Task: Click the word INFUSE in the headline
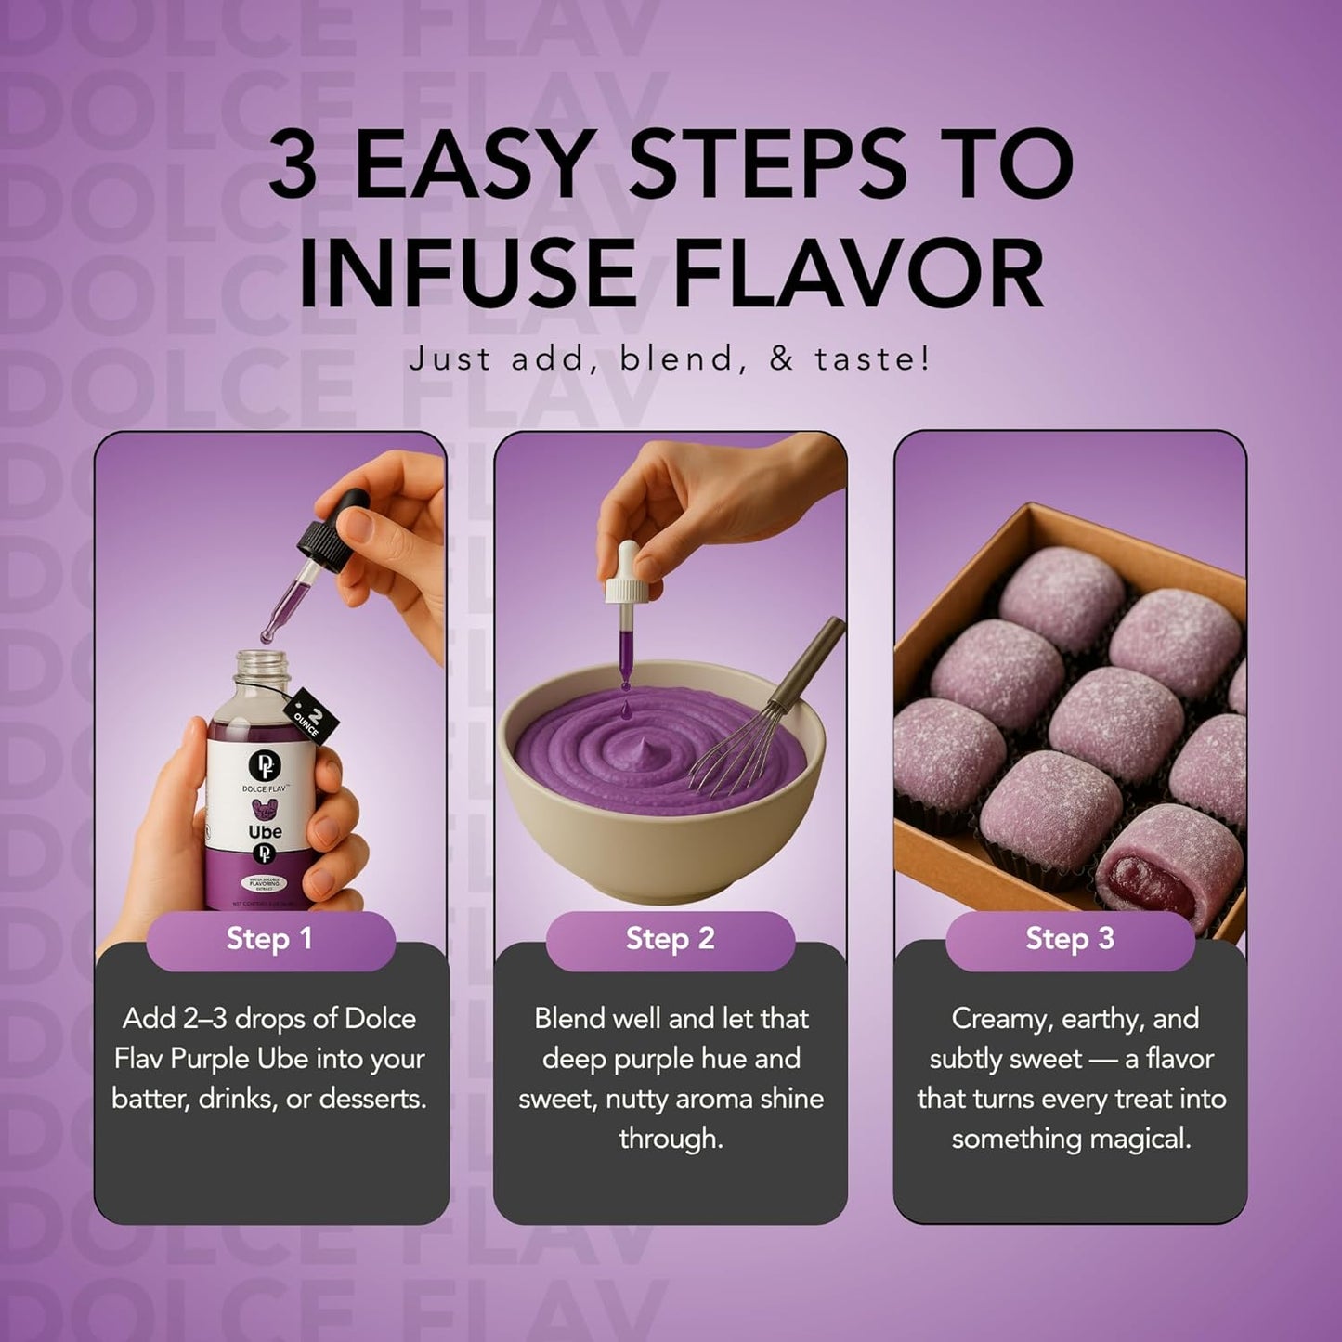point(467,275)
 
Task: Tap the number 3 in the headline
point(293,165)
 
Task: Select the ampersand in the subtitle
point(782,358)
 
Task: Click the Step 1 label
point(269,939)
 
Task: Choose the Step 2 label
point(670,939)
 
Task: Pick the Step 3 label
point(1070,939)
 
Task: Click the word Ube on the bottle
point(265,831)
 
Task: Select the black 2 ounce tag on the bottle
point(311,714)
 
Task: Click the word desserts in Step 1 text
point(372,1099)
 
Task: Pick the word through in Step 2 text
point(670,1139)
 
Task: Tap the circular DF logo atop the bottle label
point(264,765)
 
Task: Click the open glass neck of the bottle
point(259,667)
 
